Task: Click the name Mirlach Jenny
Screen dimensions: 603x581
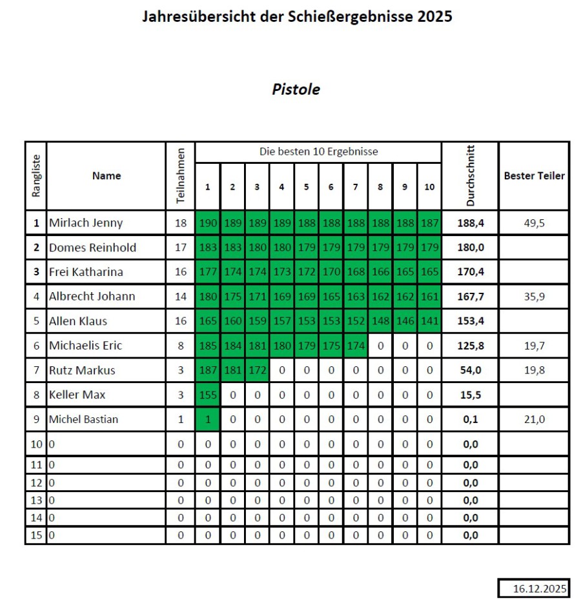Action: [x=86, y=223]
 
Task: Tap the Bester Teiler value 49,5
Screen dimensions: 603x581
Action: [x=534, y=223]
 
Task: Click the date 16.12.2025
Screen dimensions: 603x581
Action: [x=534, y=589]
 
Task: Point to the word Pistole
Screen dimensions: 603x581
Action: [x=296, y=90]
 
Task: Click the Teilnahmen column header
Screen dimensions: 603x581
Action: [x=181, y=175]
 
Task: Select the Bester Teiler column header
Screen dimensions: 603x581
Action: [x=534, y=175]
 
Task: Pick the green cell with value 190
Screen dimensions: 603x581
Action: [x=208, y=223]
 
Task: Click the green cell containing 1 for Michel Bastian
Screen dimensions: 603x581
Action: [x=208, y=419]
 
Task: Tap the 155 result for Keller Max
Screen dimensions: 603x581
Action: [x=208, y=395]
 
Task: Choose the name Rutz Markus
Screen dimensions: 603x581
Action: [x=81, y=370]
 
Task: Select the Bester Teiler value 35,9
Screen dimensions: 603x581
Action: [x=534, y=297]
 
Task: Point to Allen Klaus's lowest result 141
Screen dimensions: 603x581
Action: [x=429, y=321]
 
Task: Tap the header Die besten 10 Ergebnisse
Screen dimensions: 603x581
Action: [x=318, y=152]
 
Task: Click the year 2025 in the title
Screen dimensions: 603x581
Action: [x=434, y=17]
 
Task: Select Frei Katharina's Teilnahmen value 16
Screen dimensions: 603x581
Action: [x=181, y=272]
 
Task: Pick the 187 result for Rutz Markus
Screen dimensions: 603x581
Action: [x=208, y=370]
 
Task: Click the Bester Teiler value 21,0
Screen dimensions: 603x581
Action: [x=534, y=419]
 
